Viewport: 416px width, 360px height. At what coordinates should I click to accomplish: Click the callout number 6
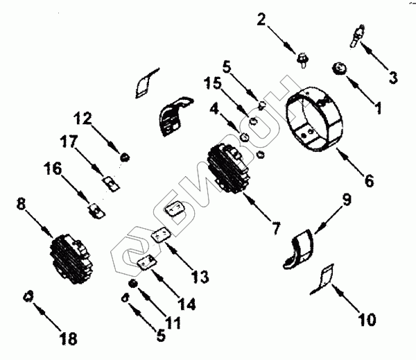[x=368, y=181]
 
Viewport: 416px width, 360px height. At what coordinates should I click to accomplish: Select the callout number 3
[x=392, y=78]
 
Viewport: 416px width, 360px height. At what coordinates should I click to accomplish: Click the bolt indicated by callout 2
[x=304, y=59]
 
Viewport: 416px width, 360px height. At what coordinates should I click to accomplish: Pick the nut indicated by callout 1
[x=340, y=68]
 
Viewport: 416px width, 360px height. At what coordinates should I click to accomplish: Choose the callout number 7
[x=275, y=227]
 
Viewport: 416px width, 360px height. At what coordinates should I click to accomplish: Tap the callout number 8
[x=21, y=205]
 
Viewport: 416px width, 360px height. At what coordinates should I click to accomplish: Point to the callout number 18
[x=68, y=339]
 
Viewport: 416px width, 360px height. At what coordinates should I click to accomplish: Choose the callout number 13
[x=200, y=277]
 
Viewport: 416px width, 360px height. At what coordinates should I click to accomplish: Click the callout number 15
[x=214, y=83]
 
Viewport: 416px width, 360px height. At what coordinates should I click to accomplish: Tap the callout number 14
[x=186, y=303]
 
